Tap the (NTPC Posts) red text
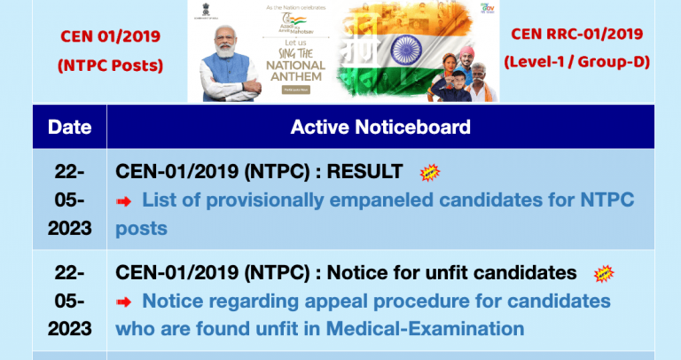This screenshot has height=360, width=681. click(111, 65)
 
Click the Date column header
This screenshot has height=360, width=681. click(69, 127)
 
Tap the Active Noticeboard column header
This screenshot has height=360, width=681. click(380, 127)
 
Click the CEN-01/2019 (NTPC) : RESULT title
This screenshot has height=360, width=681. click(259, 171)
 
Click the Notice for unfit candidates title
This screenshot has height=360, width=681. click(346, 272)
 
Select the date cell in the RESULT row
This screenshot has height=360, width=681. click(69, 200)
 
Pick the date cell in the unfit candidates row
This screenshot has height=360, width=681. click(69, 301)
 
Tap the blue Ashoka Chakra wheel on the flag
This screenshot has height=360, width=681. click(409, 46)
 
